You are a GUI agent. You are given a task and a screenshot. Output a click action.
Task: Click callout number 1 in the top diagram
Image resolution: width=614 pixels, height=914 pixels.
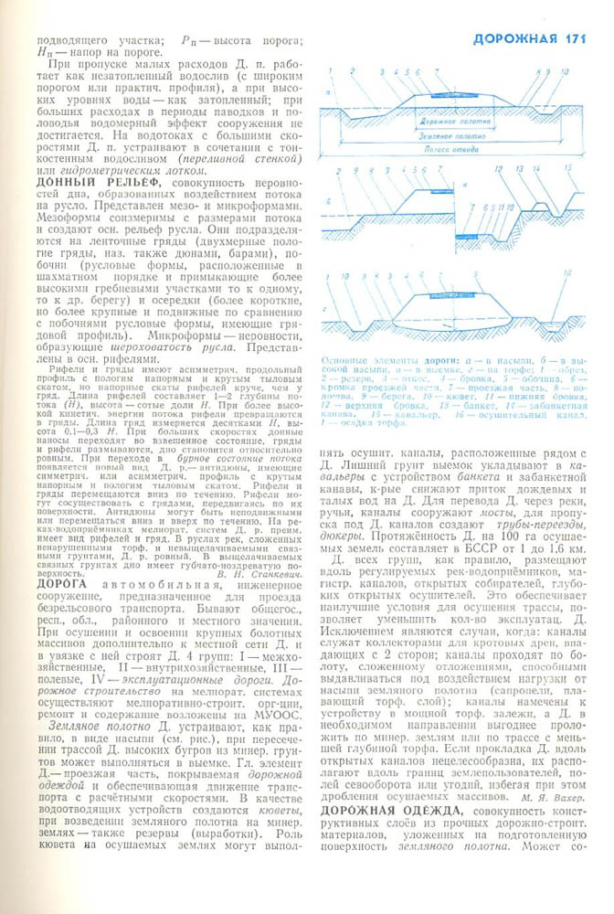(354, 71)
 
